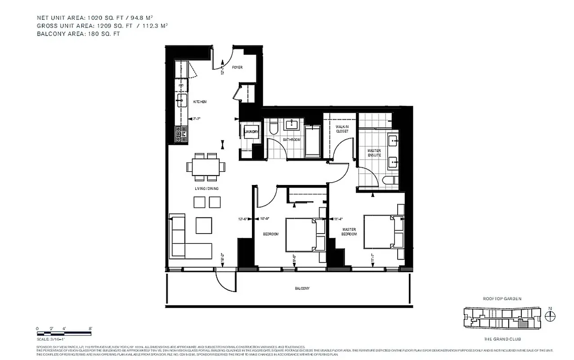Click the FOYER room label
point(237,67)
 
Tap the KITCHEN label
point(200,102)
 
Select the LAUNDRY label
point(251,132)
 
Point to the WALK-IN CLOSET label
point(342,129)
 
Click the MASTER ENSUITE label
point(374,153)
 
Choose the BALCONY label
point(302,288)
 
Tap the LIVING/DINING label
point(206,188)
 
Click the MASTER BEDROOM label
point(349,232)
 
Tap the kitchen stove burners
point(181,133)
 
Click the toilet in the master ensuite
point(389,182)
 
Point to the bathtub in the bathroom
point(311,141)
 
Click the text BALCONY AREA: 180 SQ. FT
point(79,34)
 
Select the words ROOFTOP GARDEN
point(502,298)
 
